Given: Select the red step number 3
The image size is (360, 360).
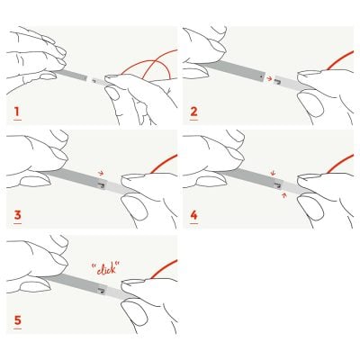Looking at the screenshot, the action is (x=18, y=215).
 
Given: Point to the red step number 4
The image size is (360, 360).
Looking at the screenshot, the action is (x=194, y=215).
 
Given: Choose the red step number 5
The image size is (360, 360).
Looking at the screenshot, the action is (x=18, y=320).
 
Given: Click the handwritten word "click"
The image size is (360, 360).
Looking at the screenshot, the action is (x=105, y=267).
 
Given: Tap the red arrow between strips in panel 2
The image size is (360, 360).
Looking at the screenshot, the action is (x=269, y=78).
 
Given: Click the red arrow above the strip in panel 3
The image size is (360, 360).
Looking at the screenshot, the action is (x=101, y=173).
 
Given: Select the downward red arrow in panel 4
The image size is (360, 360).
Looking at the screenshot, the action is (x=273, y=173).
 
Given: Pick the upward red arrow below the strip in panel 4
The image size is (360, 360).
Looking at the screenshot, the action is (x=284, y=196).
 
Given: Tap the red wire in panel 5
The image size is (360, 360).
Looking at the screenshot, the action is (x=163, y=269).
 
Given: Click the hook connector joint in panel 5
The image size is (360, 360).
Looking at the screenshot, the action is (x=102, y=290).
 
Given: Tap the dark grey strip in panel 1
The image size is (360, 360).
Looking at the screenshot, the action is (x=72, y=76).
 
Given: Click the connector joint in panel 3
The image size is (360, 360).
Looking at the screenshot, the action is (x=102, y=184).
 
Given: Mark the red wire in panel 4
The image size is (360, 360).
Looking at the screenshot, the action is (x=340, y=164).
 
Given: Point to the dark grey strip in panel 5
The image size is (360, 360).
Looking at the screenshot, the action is (x=75, y=283).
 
